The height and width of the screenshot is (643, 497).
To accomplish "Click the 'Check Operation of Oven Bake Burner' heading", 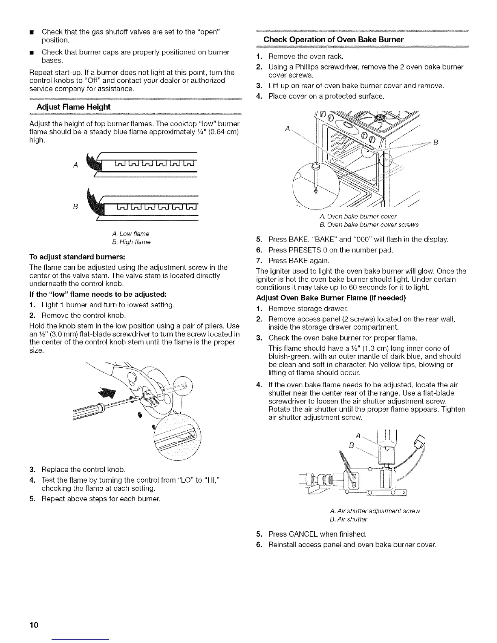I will pos(333,39).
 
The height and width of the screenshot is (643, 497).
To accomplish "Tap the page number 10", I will pos(33,624).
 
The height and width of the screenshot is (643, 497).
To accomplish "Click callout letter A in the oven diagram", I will pos(287,129).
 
